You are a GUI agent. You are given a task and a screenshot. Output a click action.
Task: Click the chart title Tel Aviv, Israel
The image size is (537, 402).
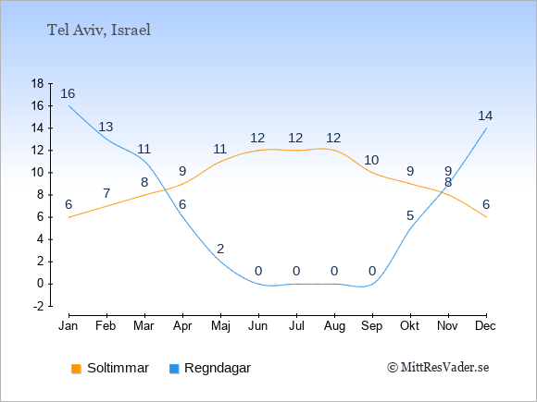pos(99,30)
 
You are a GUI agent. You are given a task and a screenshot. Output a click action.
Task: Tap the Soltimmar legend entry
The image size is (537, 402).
pos(110,368)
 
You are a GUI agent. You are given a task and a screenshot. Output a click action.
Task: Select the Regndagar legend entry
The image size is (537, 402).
pos(210,368)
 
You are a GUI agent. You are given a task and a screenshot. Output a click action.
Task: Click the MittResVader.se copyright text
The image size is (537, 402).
pos(438,368)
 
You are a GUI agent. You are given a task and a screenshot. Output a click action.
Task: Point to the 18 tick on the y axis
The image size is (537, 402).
pos(37,83)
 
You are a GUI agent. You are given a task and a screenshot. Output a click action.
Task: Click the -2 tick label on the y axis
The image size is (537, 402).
pos(38,306)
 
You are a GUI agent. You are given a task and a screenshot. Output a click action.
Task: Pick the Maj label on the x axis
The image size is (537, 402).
pos(220,326)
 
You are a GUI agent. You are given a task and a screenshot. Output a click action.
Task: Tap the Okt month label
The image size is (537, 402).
pos(409,326)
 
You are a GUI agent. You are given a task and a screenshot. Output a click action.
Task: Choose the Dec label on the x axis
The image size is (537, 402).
pos(486,326)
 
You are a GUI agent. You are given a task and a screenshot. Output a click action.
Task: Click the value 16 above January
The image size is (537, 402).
pos(68,93)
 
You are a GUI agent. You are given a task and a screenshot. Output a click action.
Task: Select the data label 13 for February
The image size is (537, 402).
pos(106,127)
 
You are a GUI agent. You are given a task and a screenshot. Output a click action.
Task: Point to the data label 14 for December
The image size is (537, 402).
pos(485,116)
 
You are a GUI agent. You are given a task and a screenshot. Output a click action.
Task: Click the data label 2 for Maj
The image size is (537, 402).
pos(220,249)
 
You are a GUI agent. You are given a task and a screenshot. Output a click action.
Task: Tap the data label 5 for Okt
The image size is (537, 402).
pos(410,215)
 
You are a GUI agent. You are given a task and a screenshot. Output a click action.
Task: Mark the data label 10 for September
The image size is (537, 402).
pos(371,160)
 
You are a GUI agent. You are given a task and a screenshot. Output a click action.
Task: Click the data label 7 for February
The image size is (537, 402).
pos(106,193)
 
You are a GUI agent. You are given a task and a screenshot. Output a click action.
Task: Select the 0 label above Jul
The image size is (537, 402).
pos(296,271)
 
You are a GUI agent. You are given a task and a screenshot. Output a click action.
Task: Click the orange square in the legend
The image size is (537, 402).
pos(76,369)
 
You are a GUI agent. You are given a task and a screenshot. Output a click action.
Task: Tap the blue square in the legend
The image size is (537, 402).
pos(174,369)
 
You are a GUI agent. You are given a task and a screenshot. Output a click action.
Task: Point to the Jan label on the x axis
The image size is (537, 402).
pos(69,326)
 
